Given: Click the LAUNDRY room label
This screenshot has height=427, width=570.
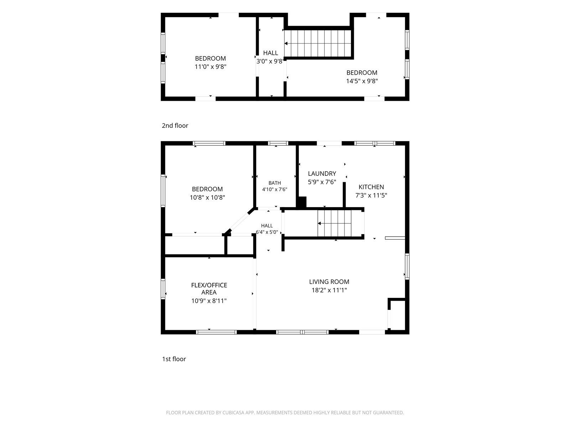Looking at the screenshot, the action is tap(322, 173).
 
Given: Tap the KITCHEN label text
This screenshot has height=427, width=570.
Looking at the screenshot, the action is tap(371, 187).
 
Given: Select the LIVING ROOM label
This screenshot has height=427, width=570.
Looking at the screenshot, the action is tap(329, 281).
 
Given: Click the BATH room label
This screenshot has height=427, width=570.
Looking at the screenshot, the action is tap(274, 183).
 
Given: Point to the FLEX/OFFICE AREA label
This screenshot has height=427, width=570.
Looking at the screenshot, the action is tap(209, 289).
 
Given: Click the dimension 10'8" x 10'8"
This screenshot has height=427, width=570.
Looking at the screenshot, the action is tap(207, 197).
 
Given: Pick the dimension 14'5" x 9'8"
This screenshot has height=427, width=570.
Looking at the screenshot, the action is tap(362, 81).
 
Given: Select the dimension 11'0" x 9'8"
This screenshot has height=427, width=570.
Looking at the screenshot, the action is tap(210, 67).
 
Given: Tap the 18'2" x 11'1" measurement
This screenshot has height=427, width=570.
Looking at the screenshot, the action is tap(329, 290).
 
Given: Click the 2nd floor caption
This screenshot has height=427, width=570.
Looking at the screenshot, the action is tap(175, 126).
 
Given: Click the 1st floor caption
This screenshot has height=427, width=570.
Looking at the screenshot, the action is tap(174, 359).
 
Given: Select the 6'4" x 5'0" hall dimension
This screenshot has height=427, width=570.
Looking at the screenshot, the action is tap(267, 232).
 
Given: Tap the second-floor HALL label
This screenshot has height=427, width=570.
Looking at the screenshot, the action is tap(271, 53).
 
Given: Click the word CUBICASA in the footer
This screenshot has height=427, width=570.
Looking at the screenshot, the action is tap(233, 413).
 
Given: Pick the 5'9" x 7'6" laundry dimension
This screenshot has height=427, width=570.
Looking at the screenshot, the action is tap(322, 182).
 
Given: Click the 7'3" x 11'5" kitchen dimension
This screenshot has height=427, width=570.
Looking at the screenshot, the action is tap(371, 195).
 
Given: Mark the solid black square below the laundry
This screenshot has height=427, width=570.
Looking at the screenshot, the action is tap(301, 202).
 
